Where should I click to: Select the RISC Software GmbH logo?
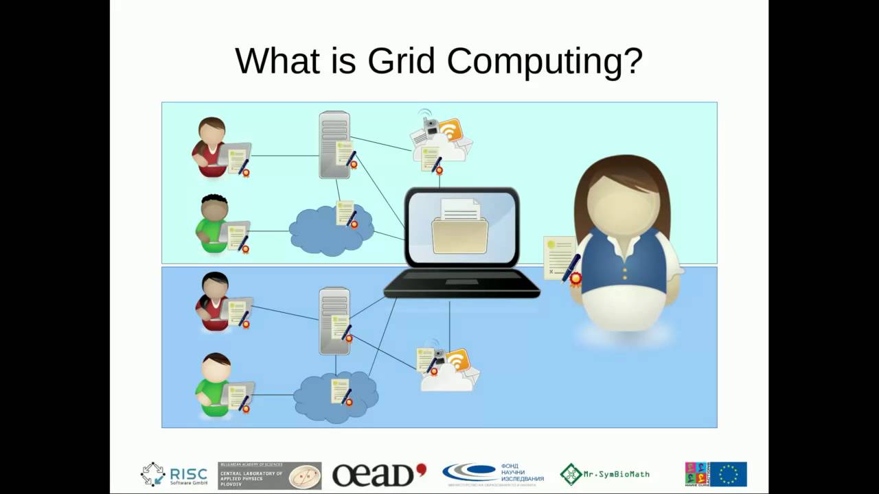[174, 474]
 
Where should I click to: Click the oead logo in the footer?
[378, 474]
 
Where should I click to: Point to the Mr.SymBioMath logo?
[604, 473]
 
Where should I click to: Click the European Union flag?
[728, 474]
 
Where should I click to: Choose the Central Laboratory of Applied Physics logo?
[269, 475]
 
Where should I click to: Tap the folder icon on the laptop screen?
[459, 229]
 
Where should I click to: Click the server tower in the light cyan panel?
[334, 144]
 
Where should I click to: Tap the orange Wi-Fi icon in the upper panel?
[451, 130]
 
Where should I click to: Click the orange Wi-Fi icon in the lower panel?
[457, 360]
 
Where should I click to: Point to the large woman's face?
[623, 202]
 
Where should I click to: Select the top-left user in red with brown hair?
[210, 148]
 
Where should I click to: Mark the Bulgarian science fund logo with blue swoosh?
[493, 473]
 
